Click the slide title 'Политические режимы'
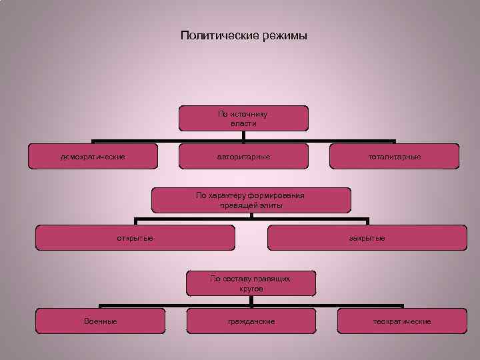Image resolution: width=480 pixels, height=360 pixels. click(243, 35)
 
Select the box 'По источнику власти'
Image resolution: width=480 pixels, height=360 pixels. click(243, 118)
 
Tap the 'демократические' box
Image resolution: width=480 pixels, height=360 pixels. click(93, 157)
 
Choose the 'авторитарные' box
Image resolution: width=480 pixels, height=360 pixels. click(243, 157)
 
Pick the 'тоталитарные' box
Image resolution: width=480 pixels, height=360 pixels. click(395, 157)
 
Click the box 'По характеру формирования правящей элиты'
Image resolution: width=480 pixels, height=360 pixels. click(251, 200)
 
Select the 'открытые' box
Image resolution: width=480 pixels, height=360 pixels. click(135, 238)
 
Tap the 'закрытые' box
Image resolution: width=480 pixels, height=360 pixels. click(367, 238)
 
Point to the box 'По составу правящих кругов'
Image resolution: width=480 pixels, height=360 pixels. click(251, 283)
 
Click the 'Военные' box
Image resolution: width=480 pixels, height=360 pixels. click(100, 321)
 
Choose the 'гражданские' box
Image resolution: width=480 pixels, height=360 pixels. click(251, 321)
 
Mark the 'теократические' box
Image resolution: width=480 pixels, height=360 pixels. click(402, 321)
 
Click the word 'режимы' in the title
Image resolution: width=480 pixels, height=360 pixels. click(284, 35)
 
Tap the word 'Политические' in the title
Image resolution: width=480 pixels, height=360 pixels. click(217, 35)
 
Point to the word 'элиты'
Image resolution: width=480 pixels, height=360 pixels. click(271, 205)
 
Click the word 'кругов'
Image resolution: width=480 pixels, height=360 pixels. click(251, 289)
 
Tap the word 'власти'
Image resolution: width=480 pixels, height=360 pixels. click(243, 123)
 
